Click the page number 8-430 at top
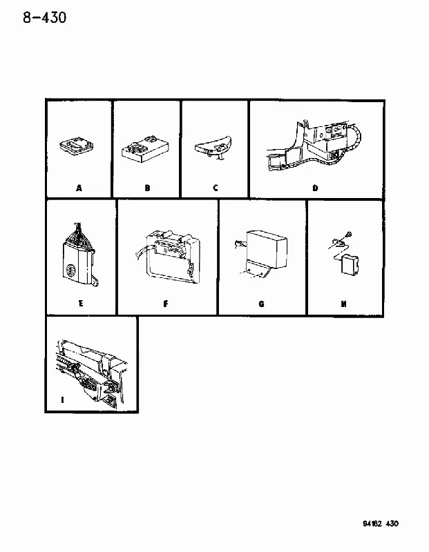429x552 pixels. tap(45, 17)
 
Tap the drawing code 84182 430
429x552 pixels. tap(381, 524)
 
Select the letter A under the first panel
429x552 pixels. tap(79, 188)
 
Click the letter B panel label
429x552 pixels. tap(147, 188)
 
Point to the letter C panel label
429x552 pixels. tap(216, 188)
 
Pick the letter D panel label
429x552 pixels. tap(315, 188)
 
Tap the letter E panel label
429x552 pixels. tap(81, 303)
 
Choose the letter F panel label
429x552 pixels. tap(166, 304)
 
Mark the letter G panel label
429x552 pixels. tap(261, 304)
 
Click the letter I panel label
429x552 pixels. tap(62, 400)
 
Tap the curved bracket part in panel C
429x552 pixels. tap(213, 146)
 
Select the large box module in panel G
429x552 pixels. tap(267, 248)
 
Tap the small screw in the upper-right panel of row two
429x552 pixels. tap(350, 233)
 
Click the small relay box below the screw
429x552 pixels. tap(350, 265)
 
